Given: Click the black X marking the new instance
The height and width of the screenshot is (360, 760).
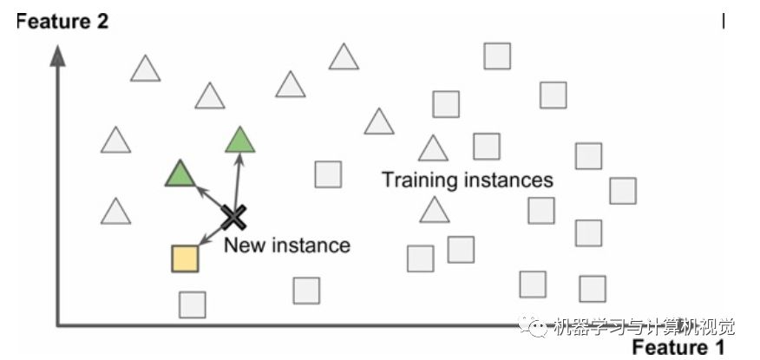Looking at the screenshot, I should [232, 216].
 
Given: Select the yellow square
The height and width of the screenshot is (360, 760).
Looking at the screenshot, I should [185, 259].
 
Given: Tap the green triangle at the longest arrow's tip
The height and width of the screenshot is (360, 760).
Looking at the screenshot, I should [240, 140].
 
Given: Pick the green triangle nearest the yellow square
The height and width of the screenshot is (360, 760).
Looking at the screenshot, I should [180, 174].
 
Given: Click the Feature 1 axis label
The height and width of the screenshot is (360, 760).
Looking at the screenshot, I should [678, 348].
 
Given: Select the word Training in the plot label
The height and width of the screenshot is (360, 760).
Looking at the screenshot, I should [419, 180].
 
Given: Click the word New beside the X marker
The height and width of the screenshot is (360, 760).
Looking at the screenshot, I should [242, 245].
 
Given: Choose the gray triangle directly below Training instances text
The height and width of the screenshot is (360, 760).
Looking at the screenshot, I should [435, 211].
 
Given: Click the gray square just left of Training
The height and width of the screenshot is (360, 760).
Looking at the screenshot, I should [328, 174].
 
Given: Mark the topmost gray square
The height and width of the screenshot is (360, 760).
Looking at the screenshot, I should [497, 56].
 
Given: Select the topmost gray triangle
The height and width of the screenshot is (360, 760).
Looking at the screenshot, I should [344, 57].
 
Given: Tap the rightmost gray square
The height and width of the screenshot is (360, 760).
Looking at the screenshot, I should [622, 191].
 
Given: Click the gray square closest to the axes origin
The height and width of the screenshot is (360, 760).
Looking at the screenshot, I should [193, 304].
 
